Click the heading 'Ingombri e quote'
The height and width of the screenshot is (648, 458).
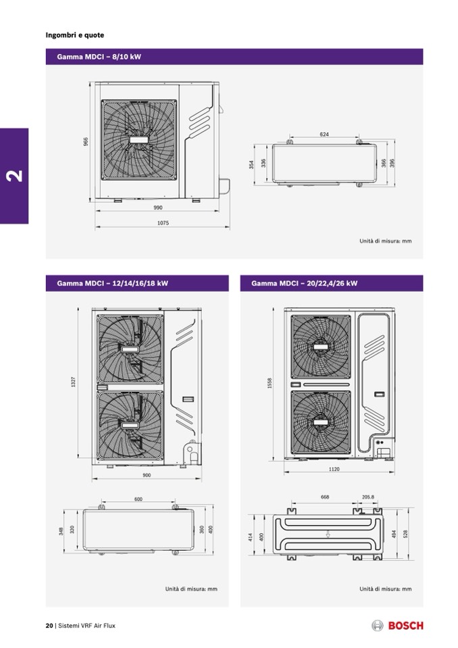[x=75, y=35]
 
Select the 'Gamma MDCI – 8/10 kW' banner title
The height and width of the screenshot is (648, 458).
[x=99, y=57]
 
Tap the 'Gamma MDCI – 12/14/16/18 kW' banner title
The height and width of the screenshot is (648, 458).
[x=113, y=283]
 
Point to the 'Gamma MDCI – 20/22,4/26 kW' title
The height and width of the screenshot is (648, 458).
[x=305, y=283]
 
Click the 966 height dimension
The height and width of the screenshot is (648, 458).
[x=86, y=141]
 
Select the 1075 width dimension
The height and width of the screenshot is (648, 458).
[x=163, y=223]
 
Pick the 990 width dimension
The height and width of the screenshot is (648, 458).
[x=158, y=207]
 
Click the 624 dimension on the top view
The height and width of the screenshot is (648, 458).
[x=324, y=134]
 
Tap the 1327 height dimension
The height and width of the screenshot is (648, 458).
[x=74, y=382]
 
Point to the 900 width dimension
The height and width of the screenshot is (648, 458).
[x=147, y=475]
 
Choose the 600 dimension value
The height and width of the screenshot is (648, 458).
[x=138, y=499]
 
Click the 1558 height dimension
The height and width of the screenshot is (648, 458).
[x=270, y=383]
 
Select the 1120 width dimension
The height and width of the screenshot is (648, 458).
[x=334, y=469]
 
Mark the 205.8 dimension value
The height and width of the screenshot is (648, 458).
[x=368, y=497]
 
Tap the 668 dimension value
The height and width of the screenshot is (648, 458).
[x=325, y=497]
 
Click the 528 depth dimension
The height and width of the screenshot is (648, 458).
[x=405, y=534]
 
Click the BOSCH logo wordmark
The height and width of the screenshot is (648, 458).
[x=406, y=626]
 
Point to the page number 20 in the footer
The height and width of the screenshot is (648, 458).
[x=49, y=626]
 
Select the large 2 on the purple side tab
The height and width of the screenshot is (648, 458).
[x=15, y=176]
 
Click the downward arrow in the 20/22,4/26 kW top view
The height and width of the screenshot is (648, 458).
[x=328, y=534]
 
